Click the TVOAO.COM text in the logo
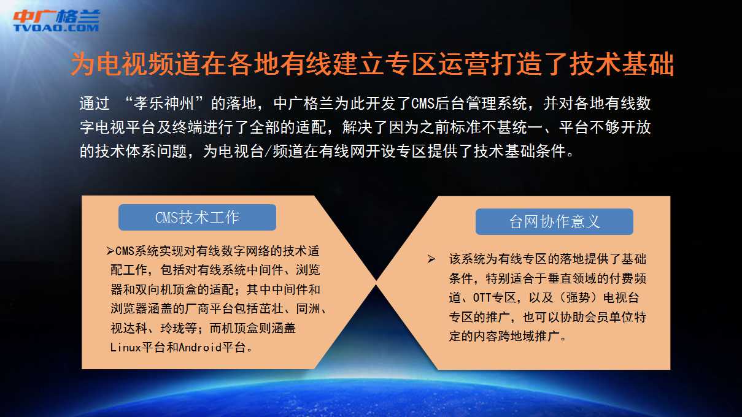pyautogui.click(x=56, y=28)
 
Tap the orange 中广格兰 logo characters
pyautogui.click(x=56, y=16)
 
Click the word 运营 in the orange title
pyautogui.click(x=465, y=64)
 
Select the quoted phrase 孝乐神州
pyautogui.click(x=164, y=103)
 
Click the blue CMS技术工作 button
pyautogui.click(x=197, y=217)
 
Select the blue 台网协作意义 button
pyautogui.click(x=554, y=221)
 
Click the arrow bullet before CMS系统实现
pyautogui.click(x=110, y=251)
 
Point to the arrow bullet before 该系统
pyautogui.click(x=431, y=259)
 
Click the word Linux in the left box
pyautogui.click(x=126, y=347)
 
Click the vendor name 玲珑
pyautogui.click(x=172, y=328)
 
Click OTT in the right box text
pyautogui.click(x=482, y=297)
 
